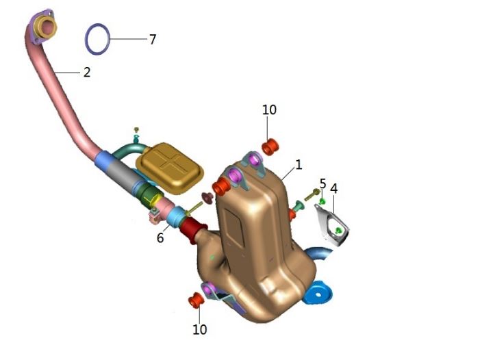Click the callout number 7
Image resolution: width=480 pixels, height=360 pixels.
tap(153, 39)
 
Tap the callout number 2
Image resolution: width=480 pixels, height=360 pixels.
tap(87, 72)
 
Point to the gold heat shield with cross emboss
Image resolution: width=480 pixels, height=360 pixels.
tap(170, 168)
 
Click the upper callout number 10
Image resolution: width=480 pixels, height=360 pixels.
tap(269, 110)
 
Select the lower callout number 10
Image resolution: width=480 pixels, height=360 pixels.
tap(199, 329)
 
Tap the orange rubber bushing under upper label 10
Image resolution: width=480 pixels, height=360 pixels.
tap(270, 147)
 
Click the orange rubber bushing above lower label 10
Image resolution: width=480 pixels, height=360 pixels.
tap(197, 300)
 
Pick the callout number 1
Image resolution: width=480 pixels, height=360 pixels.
tap(299, 165)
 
